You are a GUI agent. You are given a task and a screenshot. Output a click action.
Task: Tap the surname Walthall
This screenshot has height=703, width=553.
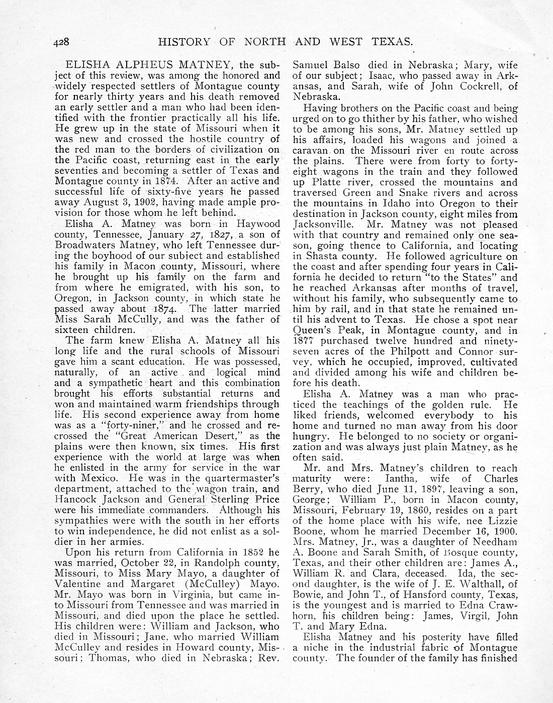(479, 584)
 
